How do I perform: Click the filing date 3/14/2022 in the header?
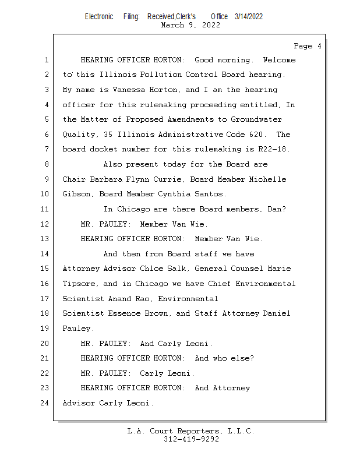pos(249,16)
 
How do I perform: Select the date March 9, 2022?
pos(190,25)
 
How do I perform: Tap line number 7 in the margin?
pos(46,149)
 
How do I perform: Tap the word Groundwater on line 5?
pos(256,119)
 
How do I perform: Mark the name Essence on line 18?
pos(126,313)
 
